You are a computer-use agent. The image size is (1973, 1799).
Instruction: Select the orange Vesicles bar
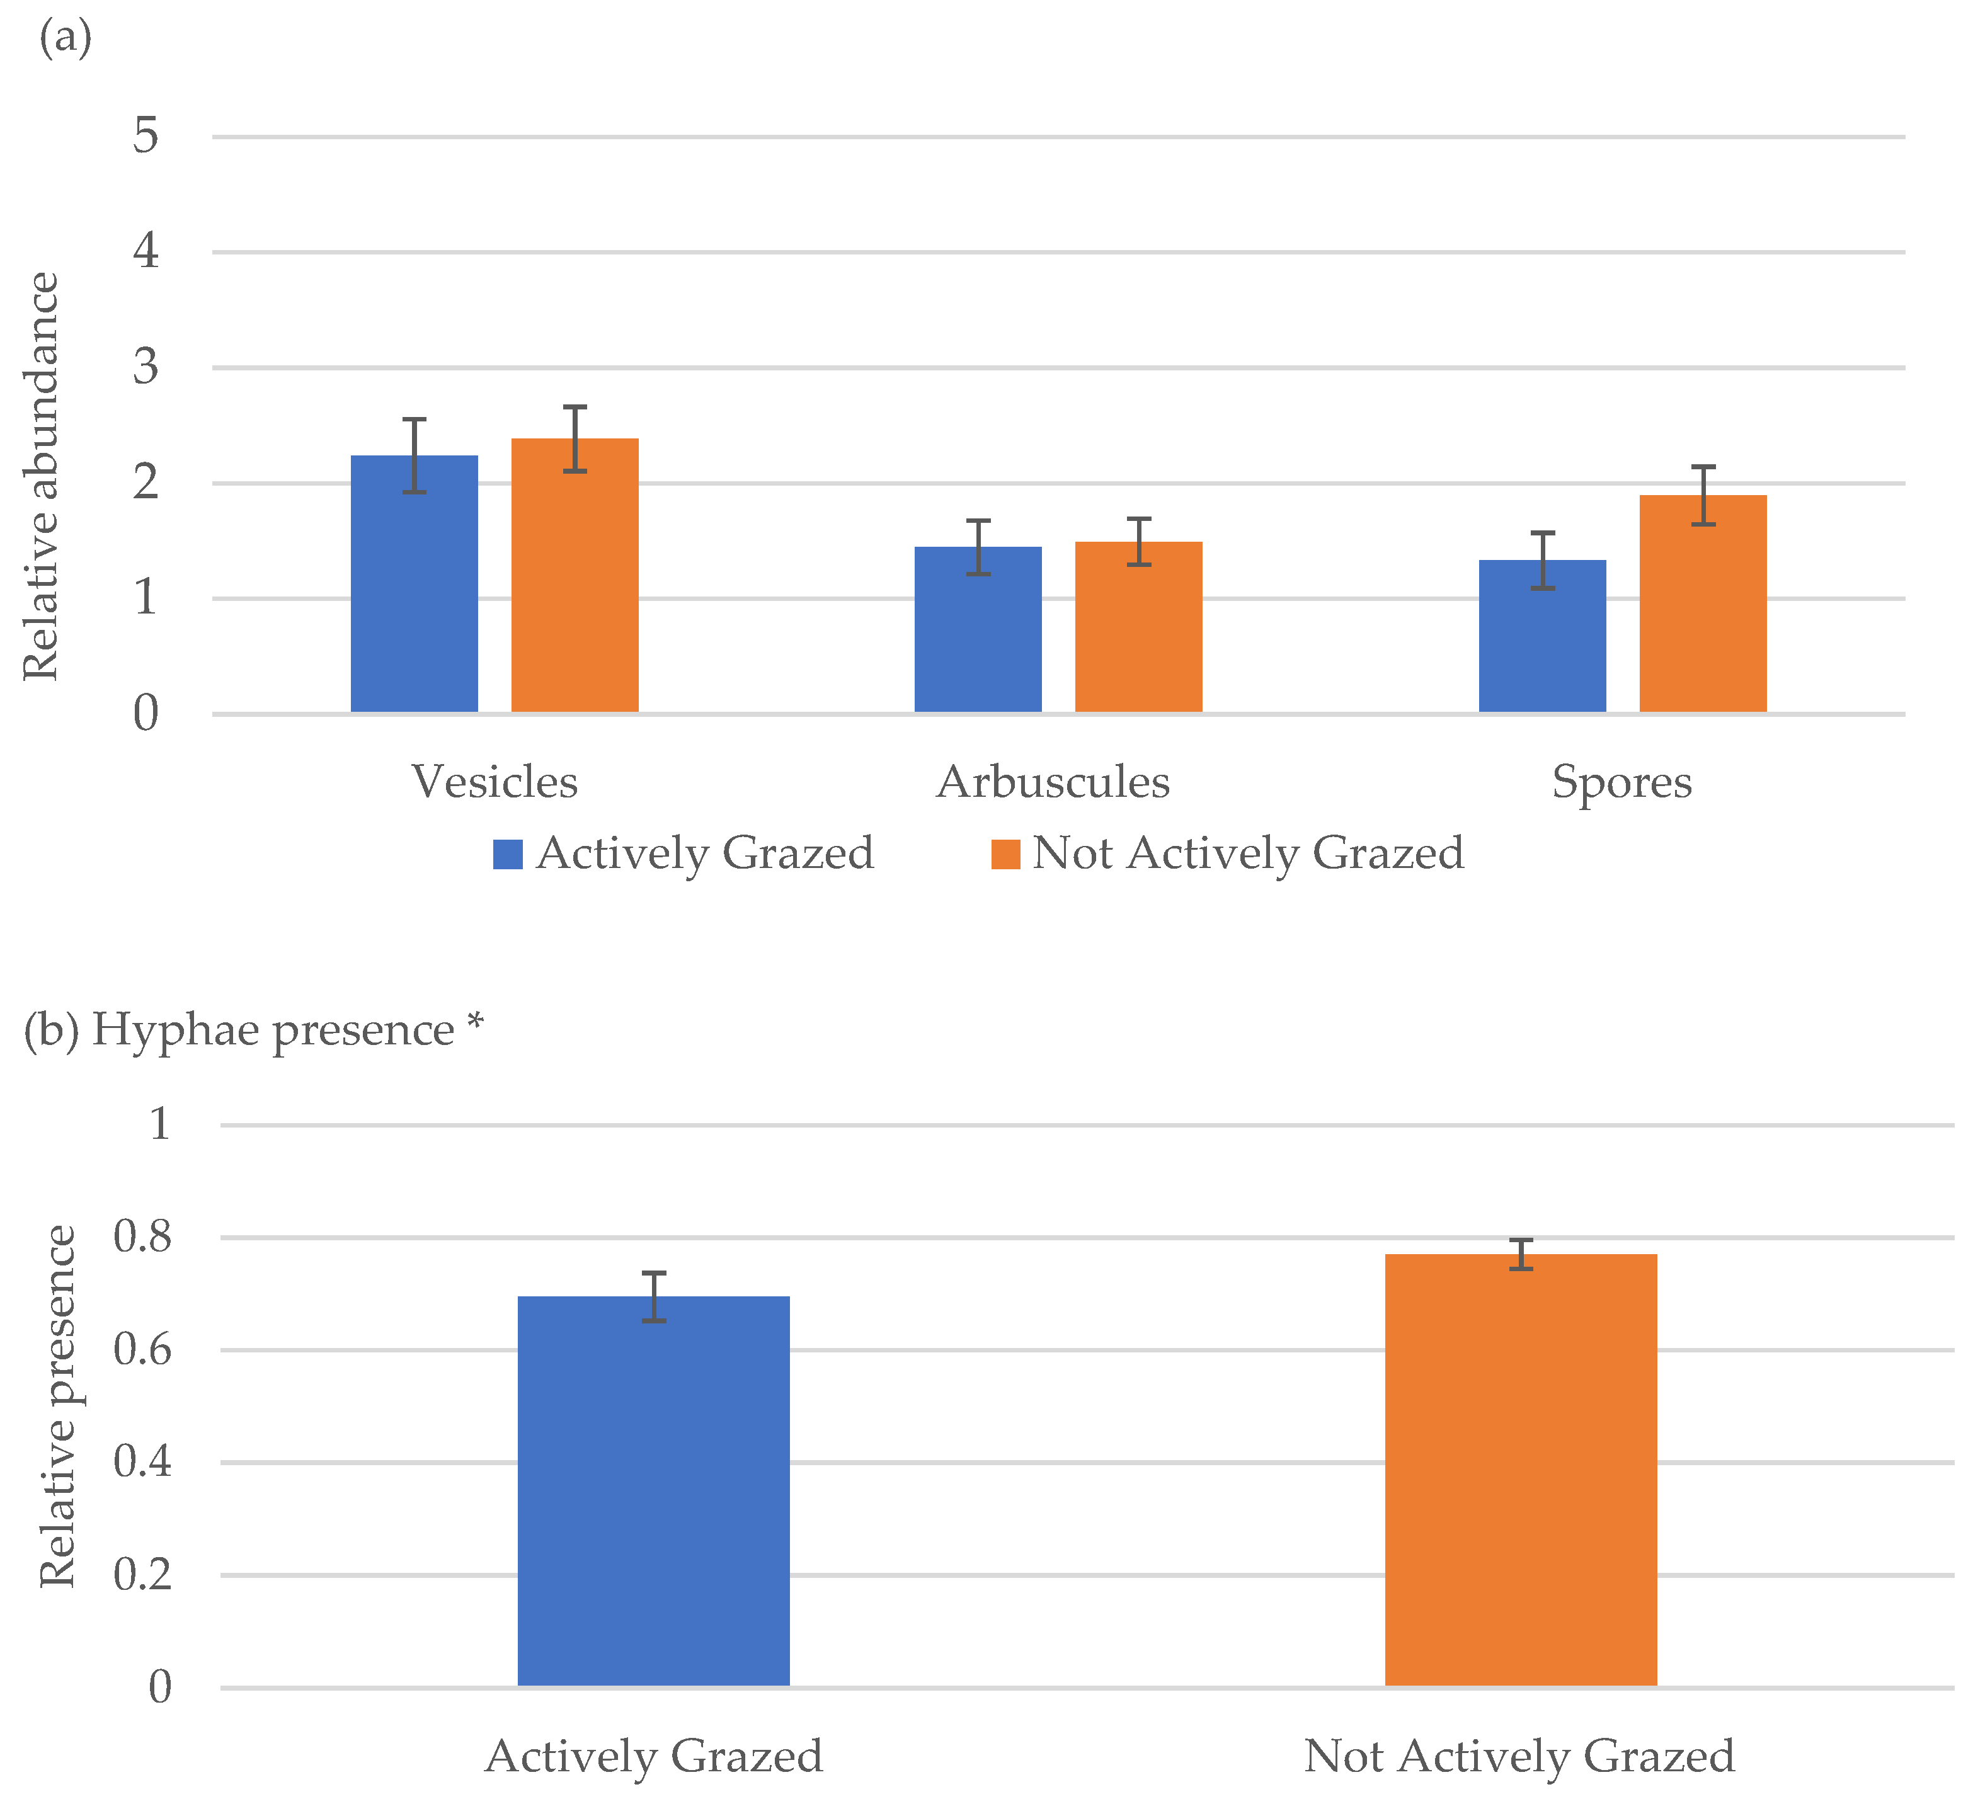click(575, 576)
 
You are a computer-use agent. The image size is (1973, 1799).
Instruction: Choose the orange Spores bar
click(1703, 604)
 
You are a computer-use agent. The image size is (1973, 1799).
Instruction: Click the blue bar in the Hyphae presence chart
click(654, 1492)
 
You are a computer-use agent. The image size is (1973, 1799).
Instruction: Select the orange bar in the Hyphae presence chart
click(1521, 1470)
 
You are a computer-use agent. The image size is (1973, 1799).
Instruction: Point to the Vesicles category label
click(495, 782)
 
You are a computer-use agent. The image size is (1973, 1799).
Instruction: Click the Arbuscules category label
click(1054, 782)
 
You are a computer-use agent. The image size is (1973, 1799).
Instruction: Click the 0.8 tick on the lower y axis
click(143, 1236)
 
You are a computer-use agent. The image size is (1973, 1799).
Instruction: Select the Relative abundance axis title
click(41, 476)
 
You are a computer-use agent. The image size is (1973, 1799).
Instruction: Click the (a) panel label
click(66, 39)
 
